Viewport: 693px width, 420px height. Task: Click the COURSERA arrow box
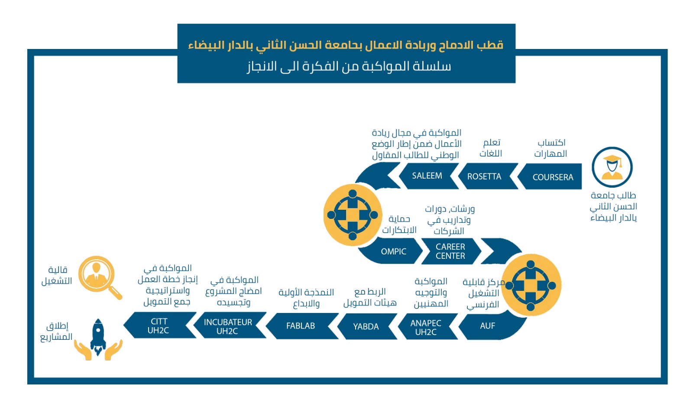coord(552,177)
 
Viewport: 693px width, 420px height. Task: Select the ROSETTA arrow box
coord(484,176)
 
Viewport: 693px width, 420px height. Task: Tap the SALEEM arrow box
coord(427,176)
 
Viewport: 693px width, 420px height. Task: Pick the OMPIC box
coord(393,251)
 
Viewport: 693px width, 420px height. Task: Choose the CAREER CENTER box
coord(450,251)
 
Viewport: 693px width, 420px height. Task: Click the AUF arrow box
coord(487,326)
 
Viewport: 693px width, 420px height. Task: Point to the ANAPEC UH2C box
coord(426,328)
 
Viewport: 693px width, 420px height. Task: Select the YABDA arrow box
coord(366,326)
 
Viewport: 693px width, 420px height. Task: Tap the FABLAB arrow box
coord(301,326)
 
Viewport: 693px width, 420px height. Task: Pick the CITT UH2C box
coord(159,326)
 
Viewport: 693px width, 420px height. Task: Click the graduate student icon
coord(612,167)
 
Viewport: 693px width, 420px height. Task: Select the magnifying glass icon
coord(99,277)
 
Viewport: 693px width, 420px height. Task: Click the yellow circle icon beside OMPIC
coord(353,215)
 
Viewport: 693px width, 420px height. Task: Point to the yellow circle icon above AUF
coord(531,285)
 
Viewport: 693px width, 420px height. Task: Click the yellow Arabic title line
coord(346,45)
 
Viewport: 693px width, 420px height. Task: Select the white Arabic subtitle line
coord(349,66)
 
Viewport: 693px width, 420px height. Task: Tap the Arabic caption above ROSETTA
coord(491,148)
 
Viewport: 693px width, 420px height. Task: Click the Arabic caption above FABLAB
coord(306,298)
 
